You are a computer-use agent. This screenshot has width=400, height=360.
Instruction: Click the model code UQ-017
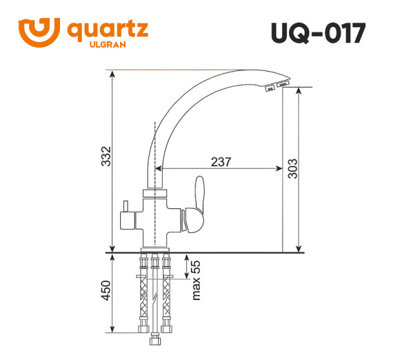(319, 33)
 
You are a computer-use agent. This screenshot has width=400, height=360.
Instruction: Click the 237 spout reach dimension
(221, 162)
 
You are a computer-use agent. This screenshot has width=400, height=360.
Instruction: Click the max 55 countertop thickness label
(195, 279)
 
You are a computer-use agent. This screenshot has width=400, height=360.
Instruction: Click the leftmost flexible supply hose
(143, 293)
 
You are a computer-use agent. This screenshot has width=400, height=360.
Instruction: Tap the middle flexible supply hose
(155, 293)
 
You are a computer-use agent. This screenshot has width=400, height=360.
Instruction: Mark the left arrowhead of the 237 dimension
(160, 170)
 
